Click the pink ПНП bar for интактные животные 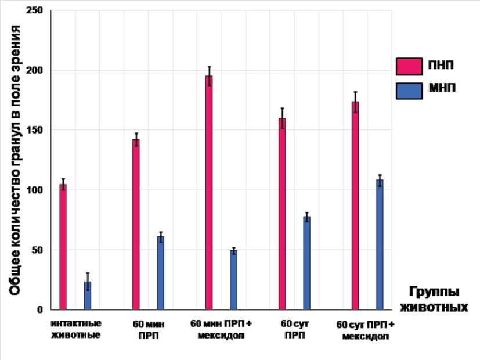click(x=63, y=247)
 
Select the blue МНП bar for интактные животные click(x=88, y=296)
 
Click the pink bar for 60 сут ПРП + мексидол click(x=355, y=206)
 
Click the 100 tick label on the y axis click(x=35, y=190)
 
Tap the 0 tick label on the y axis click(x=40, y=310)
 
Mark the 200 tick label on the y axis click(x=35, y=71)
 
